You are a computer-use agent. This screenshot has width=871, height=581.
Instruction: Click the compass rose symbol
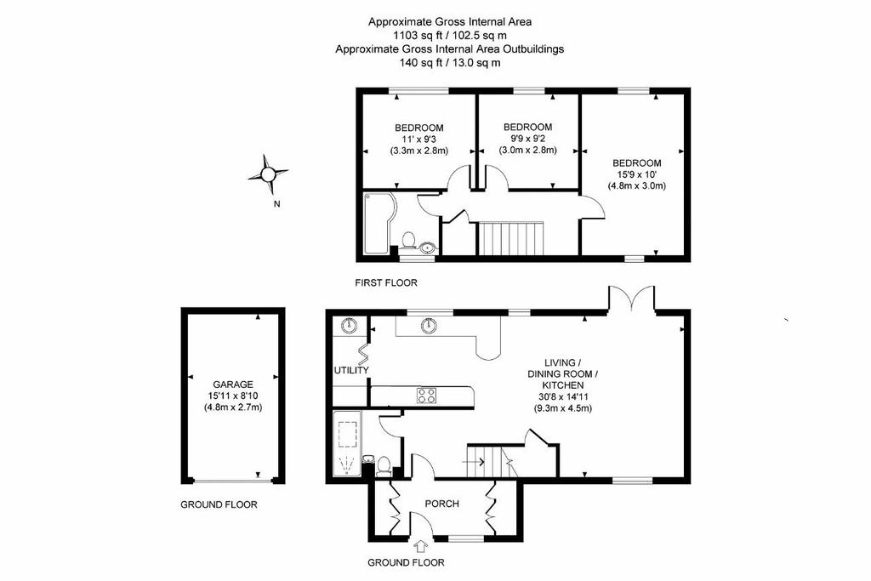coord(268,174)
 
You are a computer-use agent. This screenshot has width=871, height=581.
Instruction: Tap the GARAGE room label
coord(232,384)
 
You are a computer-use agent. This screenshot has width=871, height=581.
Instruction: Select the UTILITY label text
coord(351,370)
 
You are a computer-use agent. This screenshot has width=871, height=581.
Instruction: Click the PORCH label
coord(442,504)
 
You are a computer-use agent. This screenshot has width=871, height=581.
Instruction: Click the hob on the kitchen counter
coord(427,395)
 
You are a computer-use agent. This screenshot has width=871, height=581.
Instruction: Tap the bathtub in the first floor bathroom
coord(374,223)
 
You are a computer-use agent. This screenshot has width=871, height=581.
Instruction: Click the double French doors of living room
coord(630,299)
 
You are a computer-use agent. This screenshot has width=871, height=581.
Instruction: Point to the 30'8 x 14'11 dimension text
coord(562,396)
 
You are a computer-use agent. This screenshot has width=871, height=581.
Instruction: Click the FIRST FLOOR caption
coord(386,282)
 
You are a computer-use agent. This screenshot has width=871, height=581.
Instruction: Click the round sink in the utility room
coord(348,325)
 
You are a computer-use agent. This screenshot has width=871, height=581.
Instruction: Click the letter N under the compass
coord(277,204)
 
